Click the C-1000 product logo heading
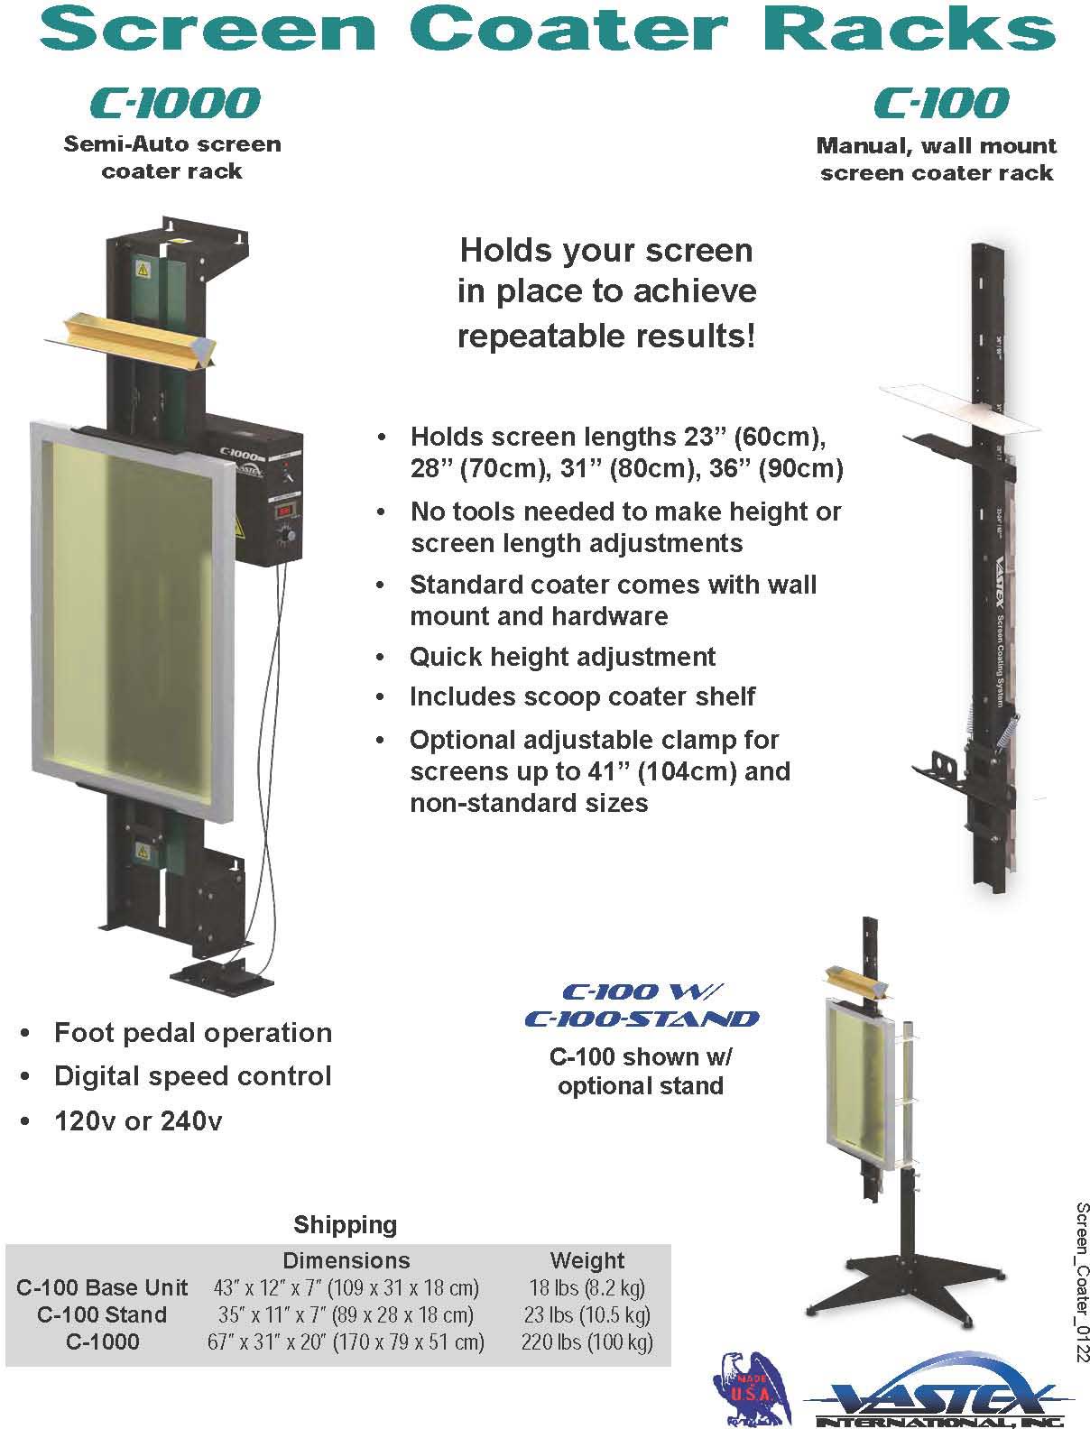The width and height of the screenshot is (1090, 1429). click(175, 103)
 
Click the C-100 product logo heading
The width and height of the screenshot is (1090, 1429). click(940, 103)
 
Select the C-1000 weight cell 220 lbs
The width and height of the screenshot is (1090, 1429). click(587, 1341)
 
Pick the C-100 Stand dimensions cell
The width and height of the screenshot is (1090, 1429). click(346, 1314)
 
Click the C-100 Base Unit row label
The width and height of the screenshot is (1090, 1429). click(102, 1287)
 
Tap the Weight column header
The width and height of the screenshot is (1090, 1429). click(587, 1260)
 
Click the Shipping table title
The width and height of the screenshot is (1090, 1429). click(345, 1225)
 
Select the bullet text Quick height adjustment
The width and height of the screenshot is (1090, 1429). click(562, 657)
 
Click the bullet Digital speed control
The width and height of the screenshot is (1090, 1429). click(192, 1076)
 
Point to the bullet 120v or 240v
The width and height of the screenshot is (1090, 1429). click(138, 1121)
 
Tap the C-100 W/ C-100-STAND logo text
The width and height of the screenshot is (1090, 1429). click(641, 1005)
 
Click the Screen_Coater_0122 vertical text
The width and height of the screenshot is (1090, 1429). click(1080, 1281)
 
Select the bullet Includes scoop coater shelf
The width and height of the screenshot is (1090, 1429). click(582, 696)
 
